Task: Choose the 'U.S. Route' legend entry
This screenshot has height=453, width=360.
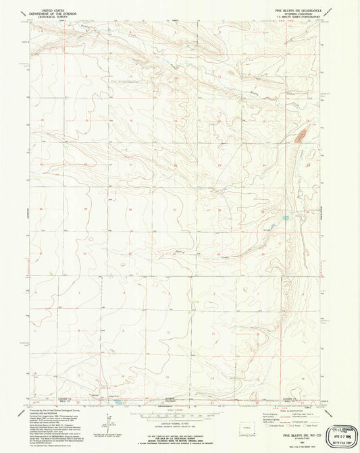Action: pos(292,425)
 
